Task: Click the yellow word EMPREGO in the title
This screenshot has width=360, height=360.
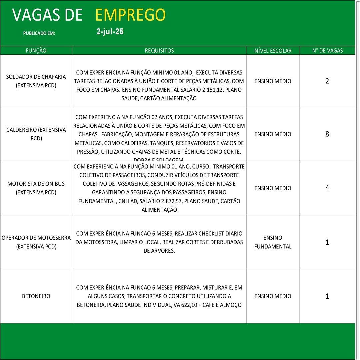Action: [x=130, y=15]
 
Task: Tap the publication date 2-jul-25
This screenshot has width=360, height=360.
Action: [x=110, y=32]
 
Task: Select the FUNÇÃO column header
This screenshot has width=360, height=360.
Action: [x=36, y=51]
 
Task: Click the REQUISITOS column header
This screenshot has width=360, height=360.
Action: [x=159, y=51]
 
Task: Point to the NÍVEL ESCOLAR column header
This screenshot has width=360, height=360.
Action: [x=273, y=51]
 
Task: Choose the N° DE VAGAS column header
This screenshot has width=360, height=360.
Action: [x=327, y=51]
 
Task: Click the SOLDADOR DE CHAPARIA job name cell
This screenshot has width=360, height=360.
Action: [x=36, y=81]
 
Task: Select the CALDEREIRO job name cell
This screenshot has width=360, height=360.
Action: [x=36, y=134]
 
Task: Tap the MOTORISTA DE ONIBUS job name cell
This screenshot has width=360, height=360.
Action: [x=36, y=188]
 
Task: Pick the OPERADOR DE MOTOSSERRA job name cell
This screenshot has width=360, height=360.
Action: [x=36, y=242]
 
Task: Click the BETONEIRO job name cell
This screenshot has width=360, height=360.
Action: [x=36, y=296]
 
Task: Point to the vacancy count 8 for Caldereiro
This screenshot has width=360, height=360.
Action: [x=327, y=134]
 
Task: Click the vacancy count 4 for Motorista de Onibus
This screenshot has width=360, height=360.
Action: [x=327, y=188]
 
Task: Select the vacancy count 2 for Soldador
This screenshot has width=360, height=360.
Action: [x=327, y=81]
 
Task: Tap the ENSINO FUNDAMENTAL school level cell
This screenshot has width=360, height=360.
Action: [x=273, y=242]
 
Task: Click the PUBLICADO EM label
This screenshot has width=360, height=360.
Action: [x=39, y=33]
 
